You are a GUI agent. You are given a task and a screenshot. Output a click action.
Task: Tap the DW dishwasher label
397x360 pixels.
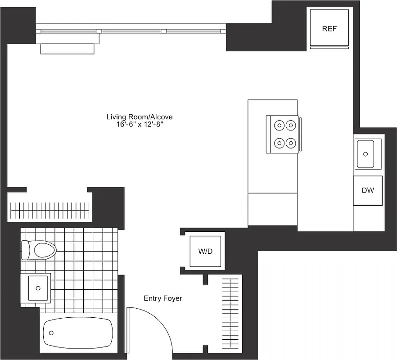point(368,190)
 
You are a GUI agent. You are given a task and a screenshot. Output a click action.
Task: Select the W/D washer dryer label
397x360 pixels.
point(205,251)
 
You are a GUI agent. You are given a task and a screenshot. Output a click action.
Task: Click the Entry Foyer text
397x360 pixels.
point(163,298)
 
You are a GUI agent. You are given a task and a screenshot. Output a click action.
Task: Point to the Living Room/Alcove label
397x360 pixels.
point(140,117)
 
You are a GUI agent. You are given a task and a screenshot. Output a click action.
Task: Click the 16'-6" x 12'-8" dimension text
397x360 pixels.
point(140,125)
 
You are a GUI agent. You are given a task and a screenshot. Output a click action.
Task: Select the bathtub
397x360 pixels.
point(77,333)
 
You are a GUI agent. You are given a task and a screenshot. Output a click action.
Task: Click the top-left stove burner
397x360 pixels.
point(280,125)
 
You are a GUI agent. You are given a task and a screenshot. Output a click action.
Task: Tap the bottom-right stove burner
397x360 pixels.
point(291,144)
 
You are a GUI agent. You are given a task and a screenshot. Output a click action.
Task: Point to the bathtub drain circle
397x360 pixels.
point(51,333)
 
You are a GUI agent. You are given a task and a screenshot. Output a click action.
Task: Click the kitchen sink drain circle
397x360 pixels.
point(365,153)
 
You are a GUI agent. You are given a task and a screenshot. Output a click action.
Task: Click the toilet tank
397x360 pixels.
point(25,250)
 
